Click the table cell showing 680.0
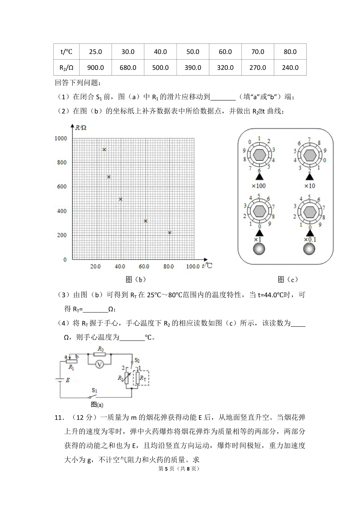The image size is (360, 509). point(128,68)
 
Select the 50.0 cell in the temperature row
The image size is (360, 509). point(193,52)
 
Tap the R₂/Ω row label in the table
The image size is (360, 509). point(66,68)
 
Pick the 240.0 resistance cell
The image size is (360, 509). point(290,68)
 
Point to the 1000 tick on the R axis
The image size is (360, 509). point(61,138)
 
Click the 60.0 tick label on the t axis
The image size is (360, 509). point(144,266)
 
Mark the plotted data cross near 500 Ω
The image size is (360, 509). point(121,199)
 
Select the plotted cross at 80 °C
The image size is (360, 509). point(169,233)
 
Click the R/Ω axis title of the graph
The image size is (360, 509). point(80,128)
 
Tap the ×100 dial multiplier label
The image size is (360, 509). point(259,186)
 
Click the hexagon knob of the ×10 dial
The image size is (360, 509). point(309,155)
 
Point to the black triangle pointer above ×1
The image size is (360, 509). point(259,233)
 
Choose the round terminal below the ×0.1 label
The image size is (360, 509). point(309,249)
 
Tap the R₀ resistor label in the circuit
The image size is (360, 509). point(100,349)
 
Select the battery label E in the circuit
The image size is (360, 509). point(68,380)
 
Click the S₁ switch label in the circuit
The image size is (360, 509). point(94,390)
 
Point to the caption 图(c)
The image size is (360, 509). point(288,280)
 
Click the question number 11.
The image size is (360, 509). point(58,418)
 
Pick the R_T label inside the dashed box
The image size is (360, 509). point(143,379)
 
